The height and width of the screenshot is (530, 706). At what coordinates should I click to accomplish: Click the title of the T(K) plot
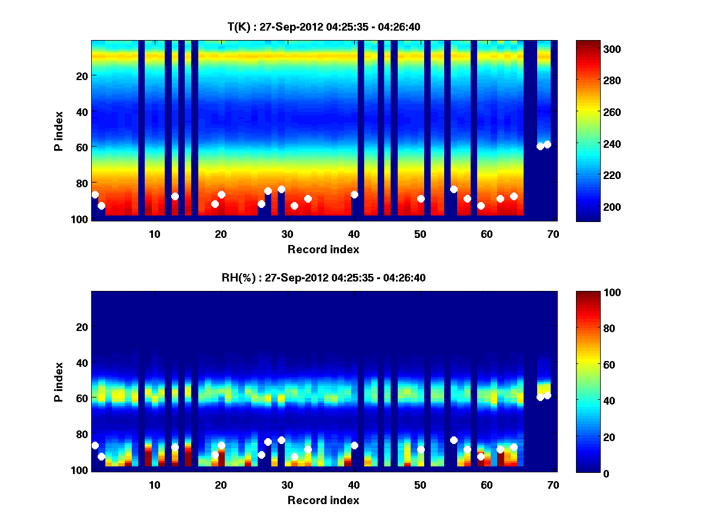(x=324, y=26)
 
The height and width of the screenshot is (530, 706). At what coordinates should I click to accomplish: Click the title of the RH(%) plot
(x=324, y=277)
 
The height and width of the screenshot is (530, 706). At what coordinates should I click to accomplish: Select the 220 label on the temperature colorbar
(x=596, y=175)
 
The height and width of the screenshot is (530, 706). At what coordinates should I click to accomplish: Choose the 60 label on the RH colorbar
(x=594, y=365)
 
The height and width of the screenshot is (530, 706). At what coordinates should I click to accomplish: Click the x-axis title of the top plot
(x=323, y=249)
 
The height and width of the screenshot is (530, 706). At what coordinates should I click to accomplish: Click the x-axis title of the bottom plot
(x=323, y=500)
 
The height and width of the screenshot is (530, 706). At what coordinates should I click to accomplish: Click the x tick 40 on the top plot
(x=354, y=234)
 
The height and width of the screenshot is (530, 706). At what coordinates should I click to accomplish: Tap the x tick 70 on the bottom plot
(x=552, y=485)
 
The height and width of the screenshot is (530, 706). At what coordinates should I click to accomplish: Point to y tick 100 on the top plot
(x=81, y=219)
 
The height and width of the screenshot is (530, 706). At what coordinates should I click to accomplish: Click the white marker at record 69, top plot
(x=547, y=144)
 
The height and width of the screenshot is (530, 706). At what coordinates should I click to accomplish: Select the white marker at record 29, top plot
(x=281, y=189)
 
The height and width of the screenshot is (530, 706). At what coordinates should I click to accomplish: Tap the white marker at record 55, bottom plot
(x=454, y=440)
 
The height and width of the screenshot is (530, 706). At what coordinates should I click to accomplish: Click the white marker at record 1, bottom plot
(x=95, y=445)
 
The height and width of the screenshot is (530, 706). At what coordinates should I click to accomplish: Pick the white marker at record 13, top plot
(x=175, y=196)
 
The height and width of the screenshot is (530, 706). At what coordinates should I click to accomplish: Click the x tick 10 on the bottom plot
(x=154, y=485)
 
